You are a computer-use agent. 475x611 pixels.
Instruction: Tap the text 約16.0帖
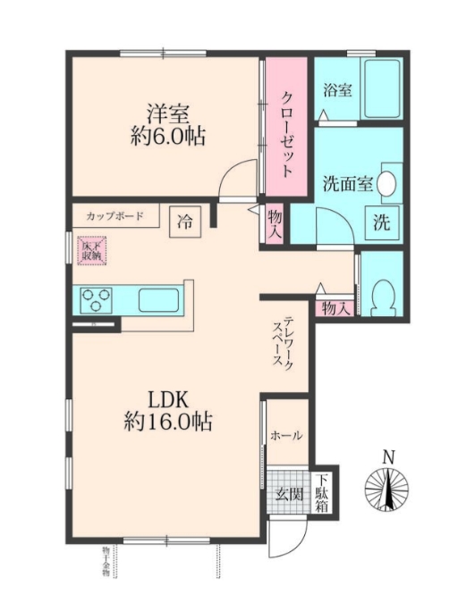coord(167,423)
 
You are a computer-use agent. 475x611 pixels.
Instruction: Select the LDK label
coord(167,398)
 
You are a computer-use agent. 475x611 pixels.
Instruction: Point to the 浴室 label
coord(337,90)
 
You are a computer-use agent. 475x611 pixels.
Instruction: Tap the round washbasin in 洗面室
coord(387,182)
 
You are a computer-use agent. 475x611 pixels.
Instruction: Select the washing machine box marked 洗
coord(381,222)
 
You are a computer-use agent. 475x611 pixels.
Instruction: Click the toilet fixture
coord(382,294)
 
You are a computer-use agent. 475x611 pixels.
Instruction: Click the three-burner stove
coord(95,299)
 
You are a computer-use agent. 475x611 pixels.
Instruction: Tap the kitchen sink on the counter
coord(158,299)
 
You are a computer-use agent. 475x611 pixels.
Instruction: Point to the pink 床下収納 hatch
coord(91,250)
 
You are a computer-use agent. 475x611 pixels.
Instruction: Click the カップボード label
coord(115,216)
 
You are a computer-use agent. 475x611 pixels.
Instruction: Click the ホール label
coord(285,436)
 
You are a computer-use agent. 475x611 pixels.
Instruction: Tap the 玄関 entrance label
coord(287,494)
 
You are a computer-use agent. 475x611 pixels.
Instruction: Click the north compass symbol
coord(387,490)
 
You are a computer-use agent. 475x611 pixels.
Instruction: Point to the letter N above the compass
coord(387,457)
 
